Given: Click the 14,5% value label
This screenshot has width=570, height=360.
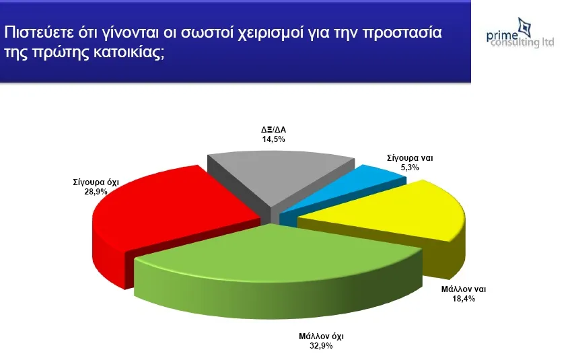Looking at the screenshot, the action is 274,139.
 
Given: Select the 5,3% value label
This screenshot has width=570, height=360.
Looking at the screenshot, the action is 410,168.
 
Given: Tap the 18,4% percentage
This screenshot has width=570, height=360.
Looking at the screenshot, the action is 464,299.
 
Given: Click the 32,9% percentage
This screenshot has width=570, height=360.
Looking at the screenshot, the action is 321,345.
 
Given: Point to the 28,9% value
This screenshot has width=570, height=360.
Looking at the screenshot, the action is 96,192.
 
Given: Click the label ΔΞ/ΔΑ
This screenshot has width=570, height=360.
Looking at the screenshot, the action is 274,130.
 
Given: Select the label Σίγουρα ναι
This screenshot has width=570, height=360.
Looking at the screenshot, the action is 410,158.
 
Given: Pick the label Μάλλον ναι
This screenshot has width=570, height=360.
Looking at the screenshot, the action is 464,289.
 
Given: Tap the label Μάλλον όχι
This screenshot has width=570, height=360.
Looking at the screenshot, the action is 321,336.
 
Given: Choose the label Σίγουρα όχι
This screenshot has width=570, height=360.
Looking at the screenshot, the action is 96,182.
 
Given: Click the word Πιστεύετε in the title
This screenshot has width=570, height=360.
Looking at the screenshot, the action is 38,33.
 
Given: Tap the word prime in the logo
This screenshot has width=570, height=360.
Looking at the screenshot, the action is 503,36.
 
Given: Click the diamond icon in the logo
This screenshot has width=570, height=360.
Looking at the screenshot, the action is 524,27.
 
